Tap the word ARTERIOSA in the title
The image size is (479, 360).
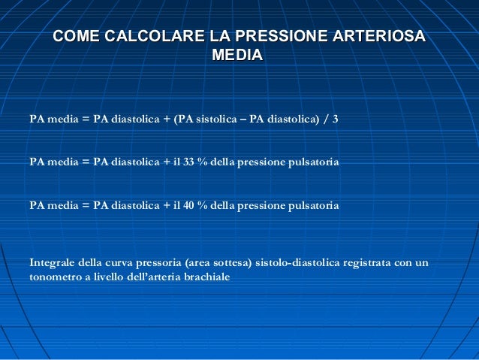click(375, 36)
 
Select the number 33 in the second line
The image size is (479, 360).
click(189, 162)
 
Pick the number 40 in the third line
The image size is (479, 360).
click(189, 204)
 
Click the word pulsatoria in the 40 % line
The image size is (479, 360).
click(315, 204)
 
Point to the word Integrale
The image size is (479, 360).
click(52, 262)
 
